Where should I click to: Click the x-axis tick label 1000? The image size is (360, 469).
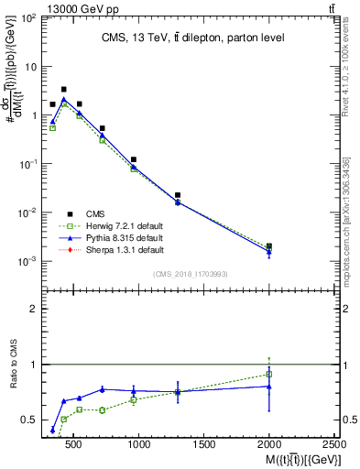(x=139, y=445)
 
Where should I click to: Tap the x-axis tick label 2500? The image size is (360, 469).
(x=335, y=445)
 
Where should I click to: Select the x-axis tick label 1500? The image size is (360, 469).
(x=204, y=445)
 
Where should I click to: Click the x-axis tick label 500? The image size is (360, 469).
(x=74, y=445)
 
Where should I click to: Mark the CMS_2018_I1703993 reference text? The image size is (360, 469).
(x=191, y=273)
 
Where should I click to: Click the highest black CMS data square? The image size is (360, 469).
(x=63, y=90)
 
